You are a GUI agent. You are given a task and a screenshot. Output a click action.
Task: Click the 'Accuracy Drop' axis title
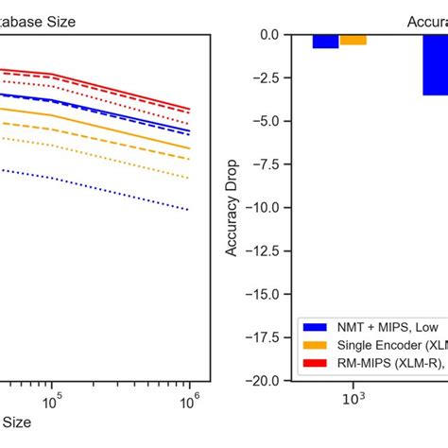[x=232, y=207]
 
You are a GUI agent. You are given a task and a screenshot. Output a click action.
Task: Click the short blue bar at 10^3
[x=326, y=41]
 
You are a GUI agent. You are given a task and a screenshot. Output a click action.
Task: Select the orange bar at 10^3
[x=353, y=40]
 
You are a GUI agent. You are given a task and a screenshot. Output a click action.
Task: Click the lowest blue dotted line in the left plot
[x=113, y=183]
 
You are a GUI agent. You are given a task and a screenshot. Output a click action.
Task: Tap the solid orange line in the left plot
[x=113, y=122]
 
